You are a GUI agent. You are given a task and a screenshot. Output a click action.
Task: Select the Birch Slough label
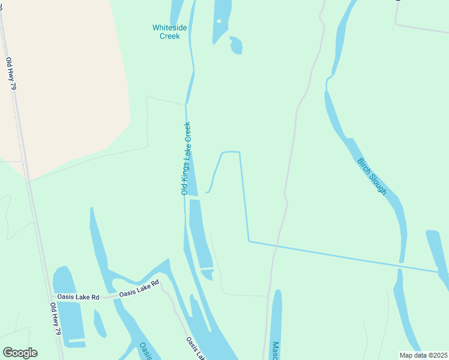pos(372,175)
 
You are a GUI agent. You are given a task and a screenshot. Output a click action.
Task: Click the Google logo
pos(20,353)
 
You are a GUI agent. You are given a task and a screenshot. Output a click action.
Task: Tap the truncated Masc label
pos(275,351)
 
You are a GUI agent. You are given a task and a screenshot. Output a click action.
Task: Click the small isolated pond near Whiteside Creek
pos(236,46)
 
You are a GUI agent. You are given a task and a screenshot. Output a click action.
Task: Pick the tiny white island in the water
pos(219,22)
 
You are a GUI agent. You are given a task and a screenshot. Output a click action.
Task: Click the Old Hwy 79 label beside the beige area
pos(11,73)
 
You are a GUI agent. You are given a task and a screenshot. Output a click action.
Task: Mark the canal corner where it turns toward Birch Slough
pos(249,241)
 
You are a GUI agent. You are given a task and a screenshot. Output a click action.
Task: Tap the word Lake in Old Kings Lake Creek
pos(186,152)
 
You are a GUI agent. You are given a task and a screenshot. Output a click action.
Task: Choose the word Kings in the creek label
pos(185,170)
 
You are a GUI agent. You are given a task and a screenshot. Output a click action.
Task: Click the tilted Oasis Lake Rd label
pos(139,289)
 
